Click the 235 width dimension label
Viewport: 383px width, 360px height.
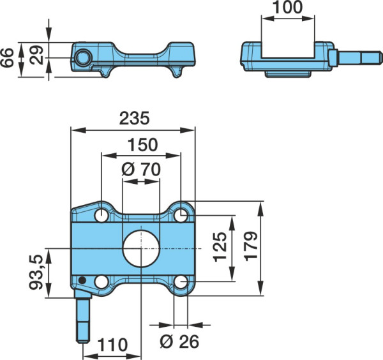134,118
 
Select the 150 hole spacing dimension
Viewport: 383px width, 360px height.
143,145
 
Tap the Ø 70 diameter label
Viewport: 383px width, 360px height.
141,169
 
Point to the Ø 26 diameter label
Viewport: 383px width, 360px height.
179,341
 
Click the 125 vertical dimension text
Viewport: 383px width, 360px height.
220,247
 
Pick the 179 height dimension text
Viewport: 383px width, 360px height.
251,246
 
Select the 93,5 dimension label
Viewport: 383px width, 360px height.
36,273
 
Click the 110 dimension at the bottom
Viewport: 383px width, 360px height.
112,345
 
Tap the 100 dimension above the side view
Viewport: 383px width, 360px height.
287,7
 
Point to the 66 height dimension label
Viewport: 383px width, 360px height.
7,57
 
